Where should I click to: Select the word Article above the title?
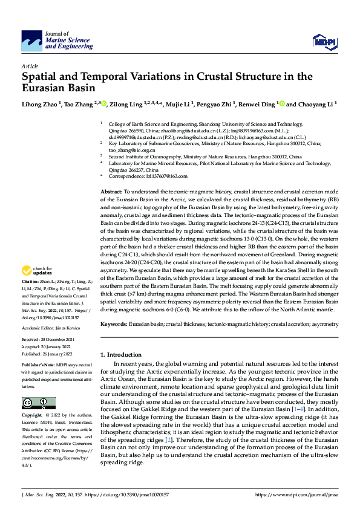30,66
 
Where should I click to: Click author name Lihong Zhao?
40,104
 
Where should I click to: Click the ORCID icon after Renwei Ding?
281,103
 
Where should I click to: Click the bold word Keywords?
114,325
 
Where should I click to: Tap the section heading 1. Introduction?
123,354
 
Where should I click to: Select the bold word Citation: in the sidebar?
31,282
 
